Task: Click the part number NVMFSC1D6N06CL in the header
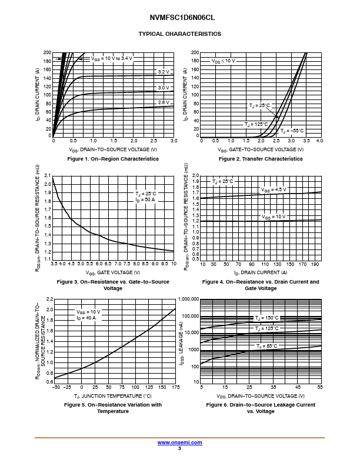point(179,18)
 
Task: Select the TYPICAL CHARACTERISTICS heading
point(179,34)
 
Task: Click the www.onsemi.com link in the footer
point(180,442)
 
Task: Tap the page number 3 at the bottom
point(179,448)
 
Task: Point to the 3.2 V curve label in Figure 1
point(163,72)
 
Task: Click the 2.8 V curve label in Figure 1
point(163,103)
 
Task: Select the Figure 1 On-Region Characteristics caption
point(113,159)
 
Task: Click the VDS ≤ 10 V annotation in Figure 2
point(224,61)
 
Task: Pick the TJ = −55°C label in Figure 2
point(292,130)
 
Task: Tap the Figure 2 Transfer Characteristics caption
point(261,159)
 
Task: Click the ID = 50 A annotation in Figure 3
point(145,200)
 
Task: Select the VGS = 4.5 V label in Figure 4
point(274,189)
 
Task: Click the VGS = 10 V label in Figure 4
point(274,217)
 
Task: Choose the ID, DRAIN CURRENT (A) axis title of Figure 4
point(261,272)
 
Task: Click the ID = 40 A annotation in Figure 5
point(86,318)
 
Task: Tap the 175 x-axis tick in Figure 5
point(175,387)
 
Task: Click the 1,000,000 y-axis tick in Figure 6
point(186,299)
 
